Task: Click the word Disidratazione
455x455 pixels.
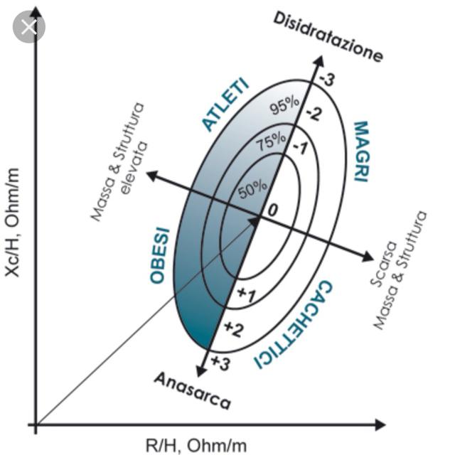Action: [x=328, y=37]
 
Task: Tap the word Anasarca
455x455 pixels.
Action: [x=193, y=390]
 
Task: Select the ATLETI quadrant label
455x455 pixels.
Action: [x=225, y=105]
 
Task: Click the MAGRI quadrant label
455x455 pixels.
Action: [x=361, y=151]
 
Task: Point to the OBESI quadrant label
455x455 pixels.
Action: [x=159, y=256]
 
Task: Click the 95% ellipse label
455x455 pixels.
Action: [x=284, y=106]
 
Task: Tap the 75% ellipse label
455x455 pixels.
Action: [x=272, y=141]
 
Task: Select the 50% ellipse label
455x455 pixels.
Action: [x=252, y=190]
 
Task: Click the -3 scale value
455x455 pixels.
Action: [x=327, y=80]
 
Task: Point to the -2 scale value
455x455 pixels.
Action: [x=314, y=114]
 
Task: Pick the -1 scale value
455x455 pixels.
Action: [x=300, y=148]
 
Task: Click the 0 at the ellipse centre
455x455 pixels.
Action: [x=272, y=210]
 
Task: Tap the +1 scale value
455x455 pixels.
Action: [x=246, y=294]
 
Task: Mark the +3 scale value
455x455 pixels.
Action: [x=220, y=363]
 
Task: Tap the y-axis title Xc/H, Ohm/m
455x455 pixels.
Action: [x=12, y=223]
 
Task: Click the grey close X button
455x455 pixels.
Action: [x=29, y=27]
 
